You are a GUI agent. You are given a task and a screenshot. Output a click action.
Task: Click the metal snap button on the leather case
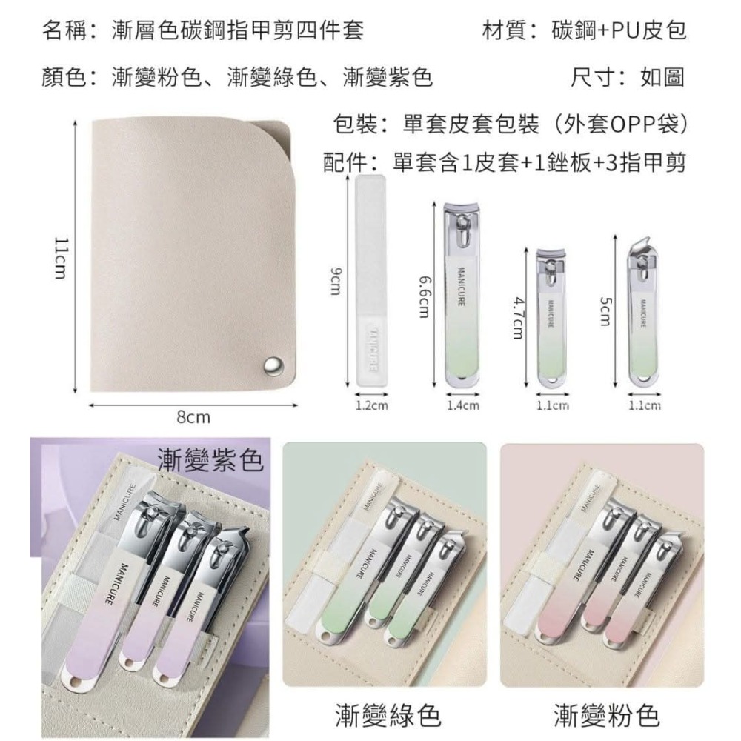point(273,364)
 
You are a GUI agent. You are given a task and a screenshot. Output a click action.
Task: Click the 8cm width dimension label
point(193,418)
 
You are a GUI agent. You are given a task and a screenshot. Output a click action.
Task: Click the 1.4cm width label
point(463,405)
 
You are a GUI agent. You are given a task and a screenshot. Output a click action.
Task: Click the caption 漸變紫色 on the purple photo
point(210,462)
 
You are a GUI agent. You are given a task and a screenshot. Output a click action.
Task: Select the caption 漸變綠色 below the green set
point(385,715)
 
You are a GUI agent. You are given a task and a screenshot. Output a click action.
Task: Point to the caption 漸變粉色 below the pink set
point(605,715)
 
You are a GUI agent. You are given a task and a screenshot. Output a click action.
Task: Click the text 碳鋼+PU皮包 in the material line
point(619,30)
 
